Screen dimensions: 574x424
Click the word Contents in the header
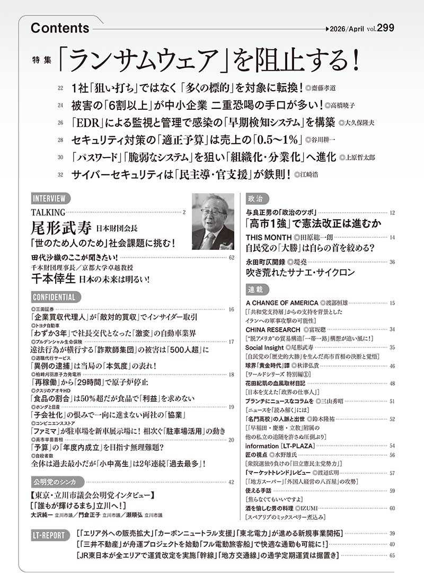[x=60, y=28]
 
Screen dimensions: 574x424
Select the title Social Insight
[x=268, y=347]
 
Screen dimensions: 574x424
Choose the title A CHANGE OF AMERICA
[x=283, y=303]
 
